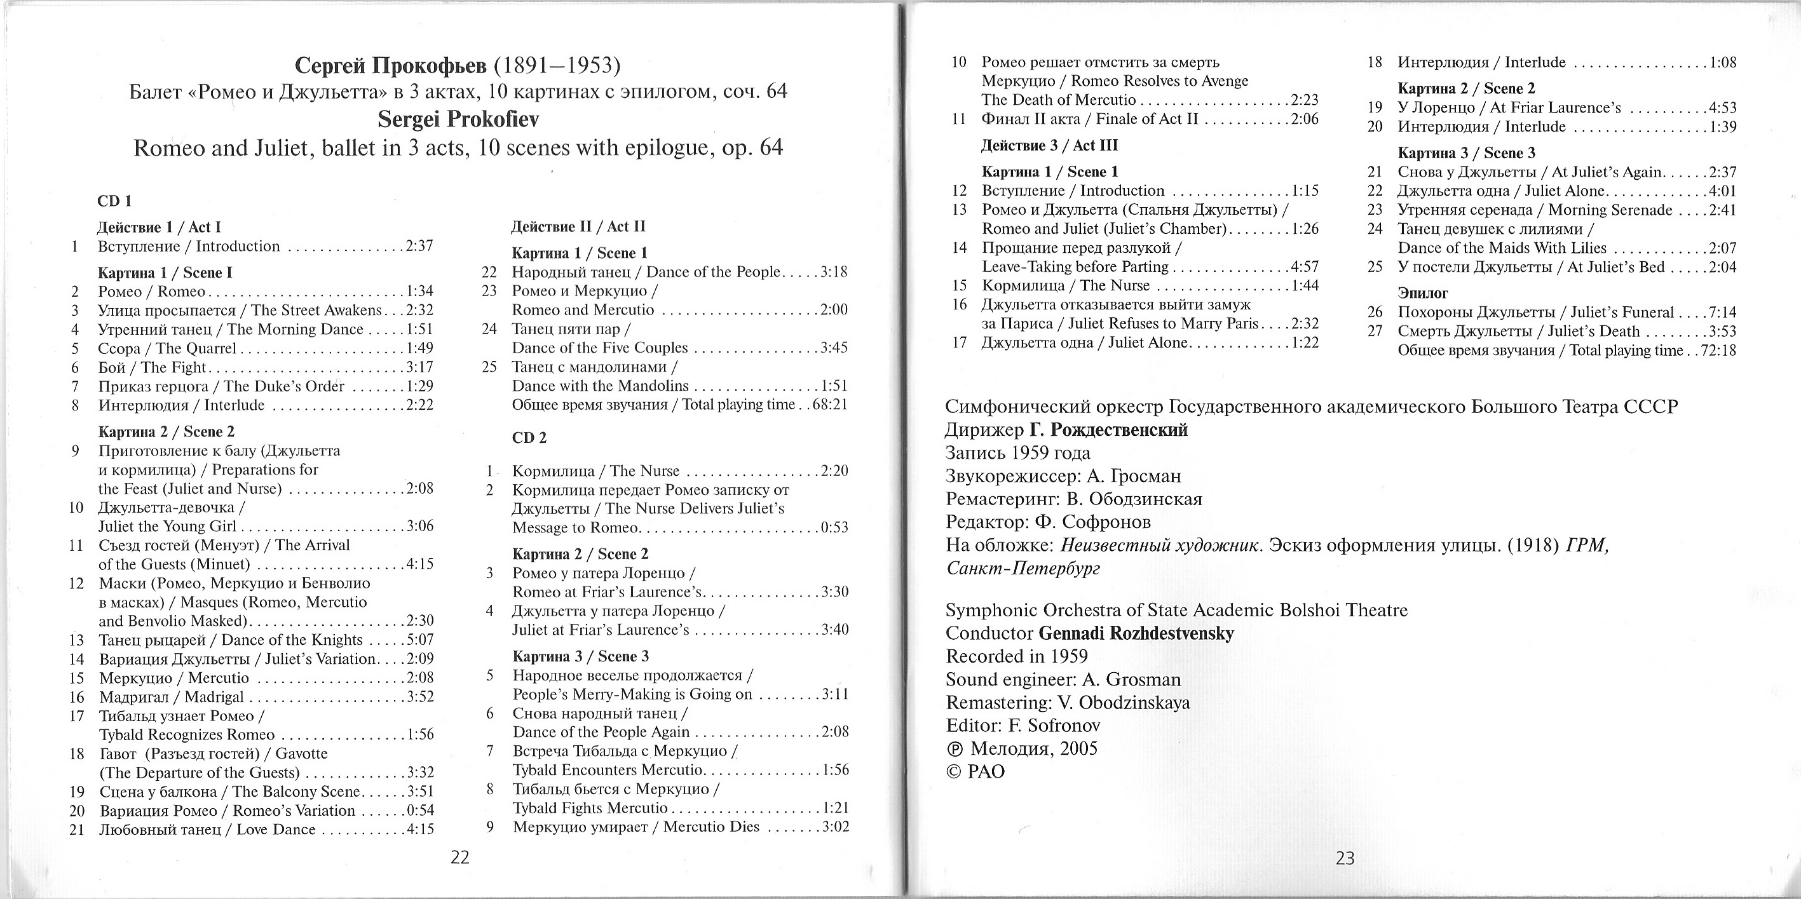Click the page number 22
[x=459, y=857]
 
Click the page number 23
[x=1345, y=858]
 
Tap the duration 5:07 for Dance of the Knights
[x=420, y=640]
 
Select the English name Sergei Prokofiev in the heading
[x=458, y=119]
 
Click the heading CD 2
[x=529, y=438]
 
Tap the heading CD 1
[x=114, y=201]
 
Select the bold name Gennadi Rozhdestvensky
[x=1136, y=633]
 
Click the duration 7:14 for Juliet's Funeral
[x=1723, y=313]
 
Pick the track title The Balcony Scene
[x=296, y=792]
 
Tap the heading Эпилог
[x=1422, y=293]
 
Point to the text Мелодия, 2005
[x=1034, y=748]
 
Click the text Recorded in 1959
[x=1017, y=656]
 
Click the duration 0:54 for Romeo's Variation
[x=420, y=811]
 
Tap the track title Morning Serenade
[x=1610, y=210]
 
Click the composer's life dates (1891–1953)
[x=557, y=65]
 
